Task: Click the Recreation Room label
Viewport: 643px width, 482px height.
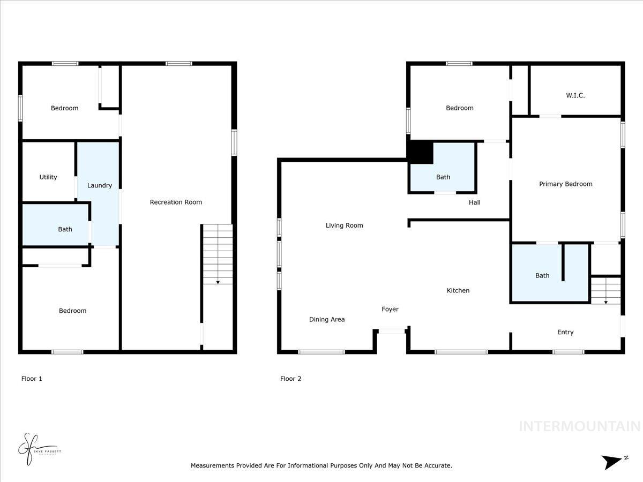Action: [176, 202]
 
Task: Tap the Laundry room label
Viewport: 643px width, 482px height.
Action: [100, 185]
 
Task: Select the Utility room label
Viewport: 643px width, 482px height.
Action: [48, 177]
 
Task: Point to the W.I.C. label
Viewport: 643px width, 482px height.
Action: [575, 95]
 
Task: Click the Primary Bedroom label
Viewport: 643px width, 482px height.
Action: [565, 184]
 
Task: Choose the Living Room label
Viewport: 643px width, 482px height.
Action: [344, 225]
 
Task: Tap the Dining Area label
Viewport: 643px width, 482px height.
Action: [327, 319]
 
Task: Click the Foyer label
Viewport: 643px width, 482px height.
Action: [390, 309]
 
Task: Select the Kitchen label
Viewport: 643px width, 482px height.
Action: [458, 290]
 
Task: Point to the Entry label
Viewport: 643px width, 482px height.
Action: [565, 332]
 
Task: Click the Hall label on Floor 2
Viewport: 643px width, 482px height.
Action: [474, 202]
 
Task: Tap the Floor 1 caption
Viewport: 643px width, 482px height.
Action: [32, 379]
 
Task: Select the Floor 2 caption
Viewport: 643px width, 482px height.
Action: [290, 379]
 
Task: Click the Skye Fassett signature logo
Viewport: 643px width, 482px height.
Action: [38, 449]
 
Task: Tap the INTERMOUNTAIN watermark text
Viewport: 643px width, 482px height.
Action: [579, 426]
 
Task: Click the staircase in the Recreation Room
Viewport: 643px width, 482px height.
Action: [218, 254]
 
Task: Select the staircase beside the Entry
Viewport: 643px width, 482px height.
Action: [605, 290]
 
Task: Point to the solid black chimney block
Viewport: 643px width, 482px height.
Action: [420, 152]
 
